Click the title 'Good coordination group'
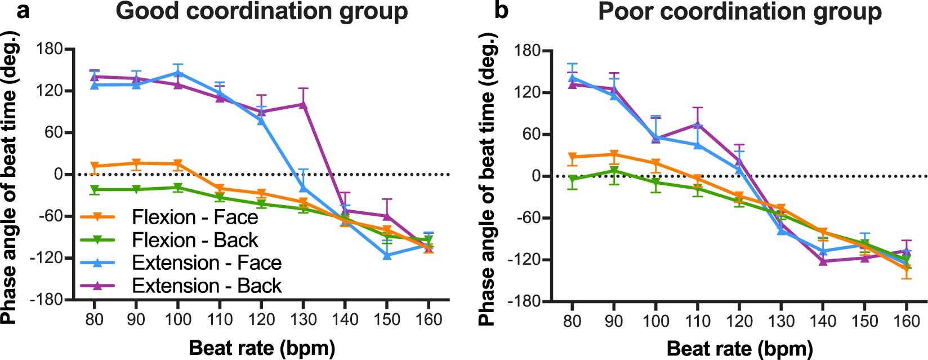pos(261,12)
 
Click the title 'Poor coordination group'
pos(739,12)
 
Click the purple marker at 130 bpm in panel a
pos(303,104)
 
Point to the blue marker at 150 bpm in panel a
pos(387,255)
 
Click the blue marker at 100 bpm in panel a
pos(178,73)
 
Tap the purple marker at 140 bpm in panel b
pos(823,261)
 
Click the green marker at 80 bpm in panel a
pos(95,189)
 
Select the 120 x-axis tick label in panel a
pos(261,319)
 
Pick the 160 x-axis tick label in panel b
pos(907,321)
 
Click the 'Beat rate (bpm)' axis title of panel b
pos(739,349)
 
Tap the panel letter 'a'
pos(23,11)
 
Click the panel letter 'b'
pos(501,11)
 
